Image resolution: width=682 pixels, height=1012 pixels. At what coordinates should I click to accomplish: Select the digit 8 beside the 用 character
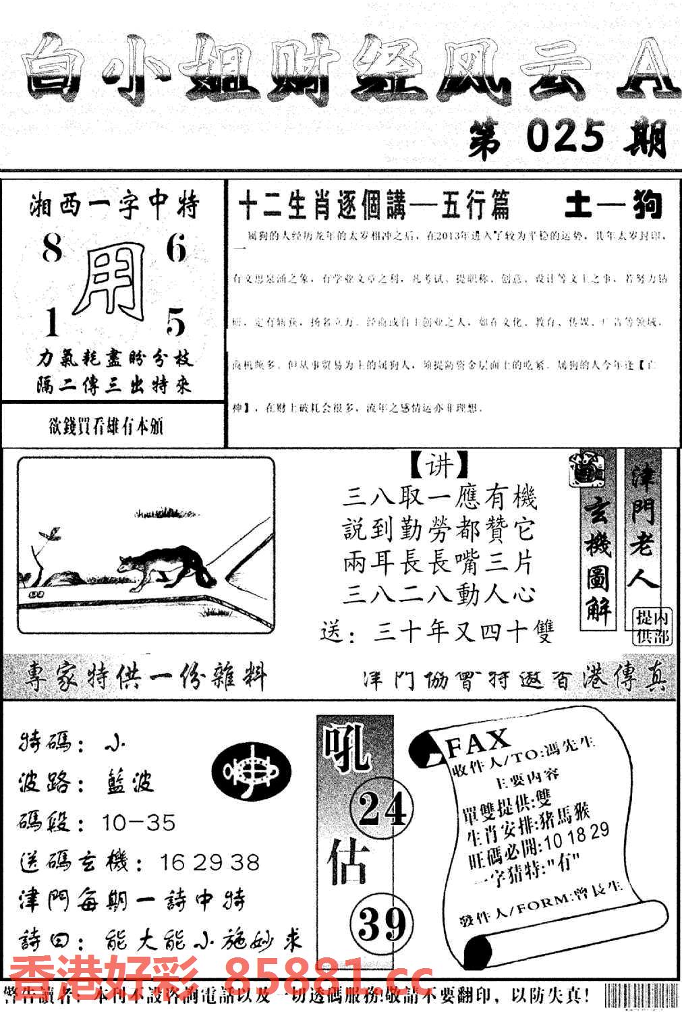click(52, 250)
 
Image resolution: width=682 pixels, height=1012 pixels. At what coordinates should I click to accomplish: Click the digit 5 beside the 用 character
click(175, 324)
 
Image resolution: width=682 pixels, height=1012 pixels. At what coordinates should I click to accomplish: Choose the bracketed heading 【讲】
click(439, 466)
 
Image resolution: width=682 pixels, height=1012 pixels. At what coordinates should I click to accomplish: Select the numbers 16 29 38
click(210, 862)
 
